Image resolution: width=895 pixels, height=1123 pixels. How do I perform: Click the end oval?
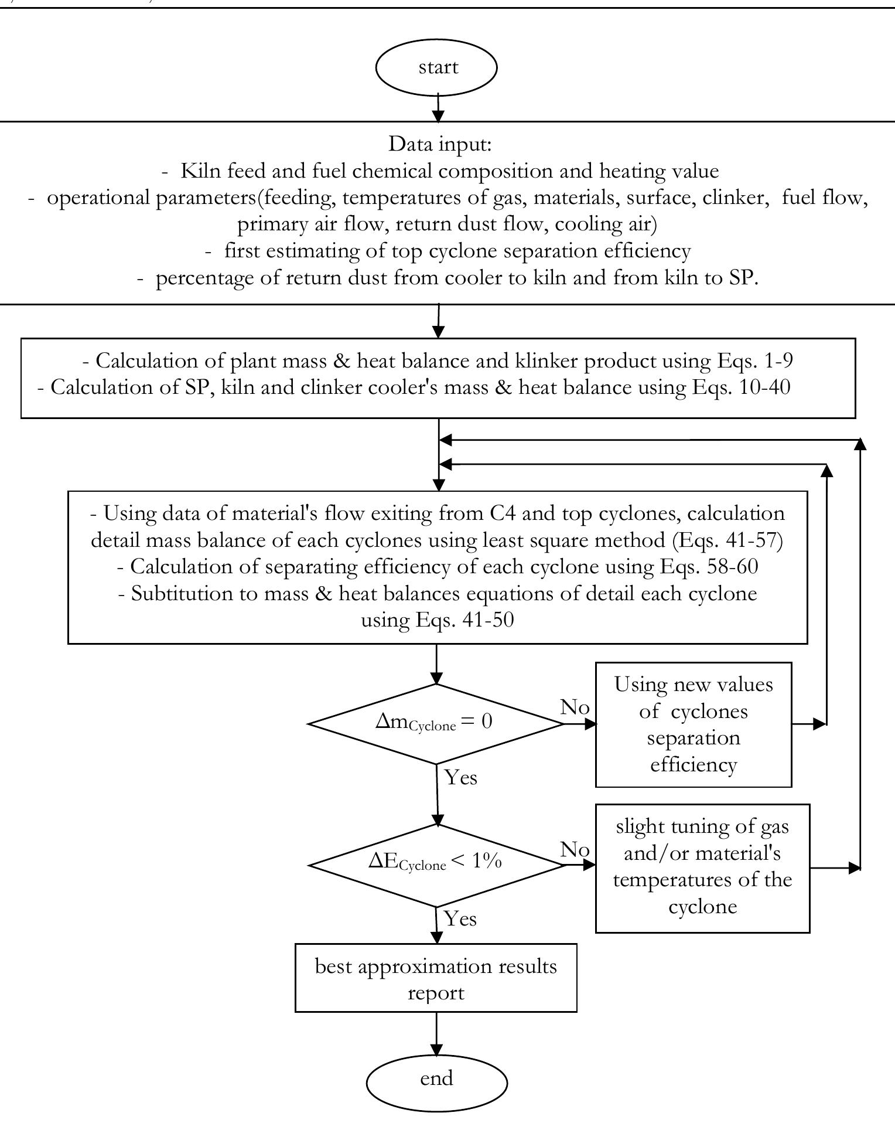(x=436, y=1079)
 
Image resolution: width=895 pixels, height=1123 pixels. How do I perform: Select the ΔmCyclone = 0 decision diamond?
(x=436, y=724)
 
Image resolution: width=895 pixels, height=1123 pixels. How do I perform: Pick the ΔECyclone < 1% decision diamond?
(x=436, y=866)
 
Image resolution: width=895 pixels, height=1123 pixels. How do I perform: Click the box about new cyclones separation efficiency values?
(x=694, y=724)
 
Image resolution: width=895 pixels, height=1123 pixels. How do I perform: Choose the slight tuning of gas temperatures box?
(x=702, y=867)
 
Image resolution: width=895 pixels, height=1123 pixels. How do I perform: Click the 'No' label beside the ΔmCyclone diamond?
(x=575, y=707)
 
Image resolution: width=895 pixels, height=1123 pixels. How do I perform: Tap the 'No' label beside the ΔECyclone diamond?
(x=575, y=849)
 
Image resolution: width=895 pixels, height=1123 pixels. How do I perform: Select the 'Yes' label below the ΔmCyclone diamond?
(x=461, y=778)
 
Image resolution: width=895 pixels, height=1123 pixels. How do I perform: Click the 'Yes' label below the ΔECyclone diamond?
(x=460, y=918)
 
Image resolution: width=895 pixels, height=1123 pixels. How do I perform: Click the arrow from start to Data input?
(x=438, y=107)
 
